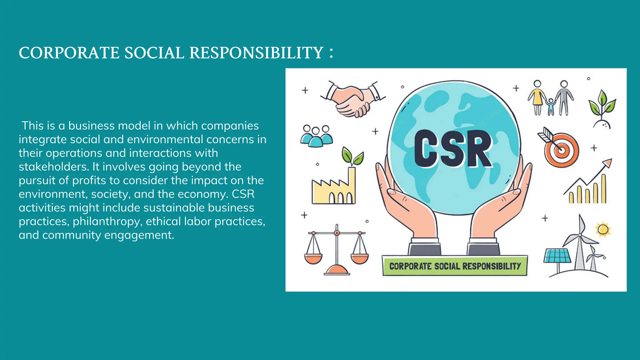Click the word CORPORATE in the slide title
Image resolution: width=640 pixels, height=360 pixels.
coord(69,53)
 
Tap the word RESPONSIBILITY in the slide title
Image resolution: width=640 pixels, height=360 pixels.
coord(256,53)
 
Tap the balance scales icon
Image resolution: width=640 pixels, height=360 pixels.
coord(337,250)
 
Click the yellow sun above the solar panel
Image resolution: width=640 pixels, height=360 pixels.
coord(603,230)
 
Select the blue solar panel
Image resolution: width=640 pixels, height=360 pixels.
coord(557,256)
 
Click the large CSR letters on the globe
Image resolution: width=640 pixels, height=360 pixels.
coord(453,149)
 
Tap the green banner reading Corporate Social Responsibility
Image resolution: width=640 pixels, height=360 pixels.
coord(455,266)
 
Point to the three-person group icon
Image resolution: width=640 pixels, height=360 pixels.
coord(316,136)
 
